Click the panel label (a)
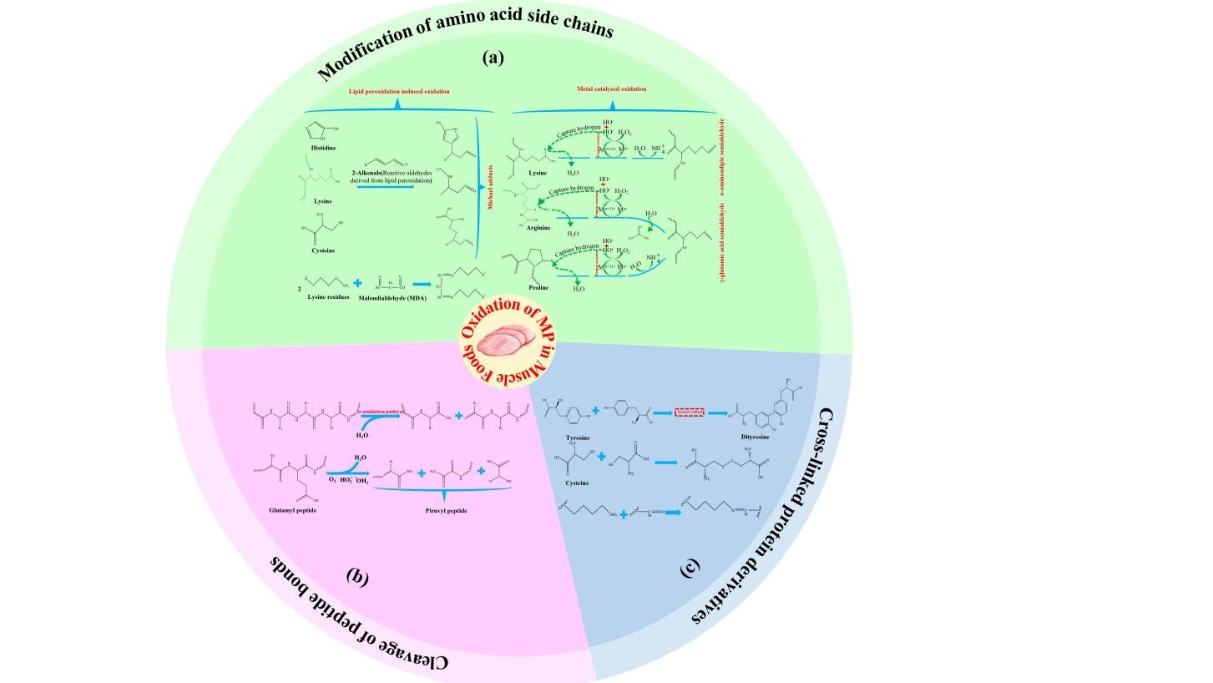493,58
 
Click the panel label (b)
357,576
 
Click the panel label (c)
690,568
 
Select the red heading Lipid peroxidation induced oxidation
399,91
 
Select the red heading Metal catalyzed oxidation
611,89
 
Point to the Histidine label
323,148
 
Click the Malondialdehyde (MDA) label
392,297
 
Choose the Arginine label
538,227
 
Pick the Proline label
538,287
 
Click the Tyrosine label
578,438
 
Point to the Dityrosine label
755,437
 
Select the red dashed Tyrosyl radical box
690,412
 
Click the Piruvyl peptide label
446,509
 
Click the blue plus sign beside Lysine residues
357,283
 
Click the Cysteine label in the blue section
577,483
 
